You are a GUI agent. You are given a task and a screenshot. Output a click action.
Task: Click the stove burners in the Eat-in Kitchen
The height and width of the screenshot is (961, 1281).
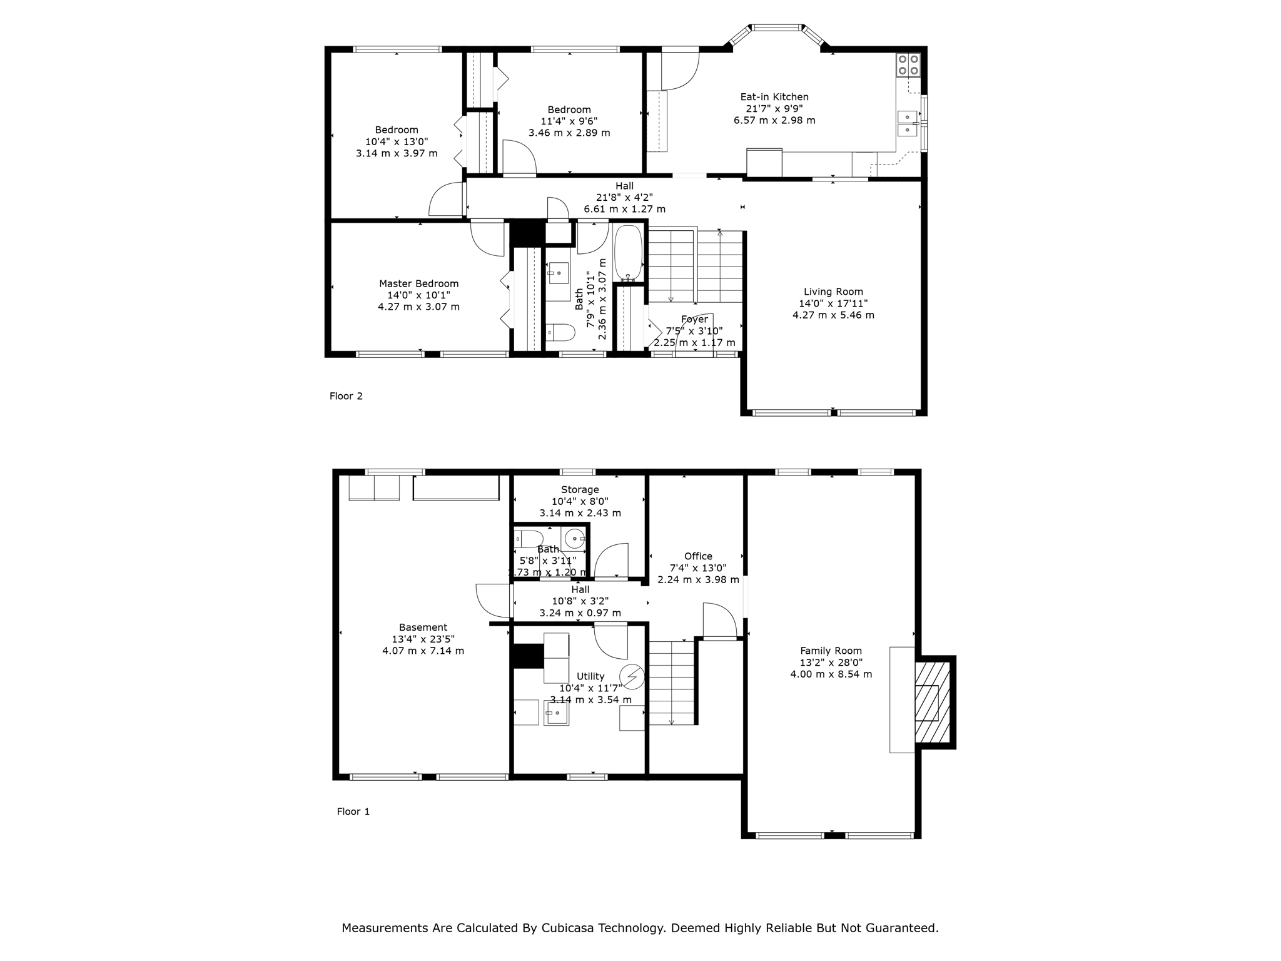click(908, 64)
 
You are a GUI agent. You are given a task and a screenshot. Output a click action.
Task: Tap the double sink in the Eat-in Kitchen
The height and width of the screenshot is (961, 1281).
click(907, 123)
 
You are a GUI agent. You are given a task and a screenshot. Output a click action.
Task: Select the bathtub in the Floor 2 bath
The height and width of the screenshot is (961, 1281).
click(628, 253)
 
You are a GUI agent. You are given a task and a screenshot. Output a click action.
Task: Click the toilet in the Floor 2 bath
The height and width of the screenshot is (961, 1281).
click(560, 332)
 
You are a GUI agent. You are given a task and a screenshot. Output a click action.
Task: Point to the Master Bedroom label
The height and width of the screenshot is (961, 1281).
click(418, 283)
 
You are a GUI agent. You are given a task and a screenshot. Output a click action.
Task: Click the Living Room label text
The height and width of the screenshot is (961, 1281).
click(833, 292)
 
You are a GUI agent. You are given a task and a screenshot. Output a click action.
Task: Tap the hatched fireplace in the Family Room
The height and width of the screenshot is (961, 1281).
click(933, 701)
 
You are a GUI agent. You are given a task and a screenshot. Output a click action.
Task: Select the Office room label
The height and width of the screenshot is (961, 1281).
click(698, 556)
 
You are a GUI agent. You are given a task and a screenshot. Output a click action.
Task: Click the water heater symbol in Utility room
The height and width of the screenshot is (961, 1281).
click(632, 676)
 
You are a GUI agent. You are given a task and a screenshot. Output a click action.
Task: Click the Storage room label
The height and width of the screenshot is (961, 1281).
click(580, 489)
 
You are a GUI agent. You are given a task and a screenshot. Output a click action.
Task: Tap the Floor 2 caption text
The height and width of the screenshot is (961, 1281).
click(346, 396)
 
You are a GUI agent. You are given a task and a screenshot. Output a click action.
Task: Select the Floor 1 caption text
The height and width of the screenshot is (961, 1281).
click(353, 811)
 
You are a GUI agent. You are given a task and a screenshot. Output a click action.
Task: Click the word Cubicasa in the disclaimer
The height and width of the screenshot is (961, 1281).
click(568, 928)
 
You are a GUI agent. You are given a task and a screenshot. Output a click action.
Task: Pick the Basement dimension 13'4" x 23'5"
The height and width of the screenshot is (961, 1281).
click(423, 639)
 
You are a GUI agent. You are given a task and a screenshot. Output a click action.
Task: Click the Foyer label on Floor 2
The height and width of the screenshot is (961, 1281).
click(694, 319)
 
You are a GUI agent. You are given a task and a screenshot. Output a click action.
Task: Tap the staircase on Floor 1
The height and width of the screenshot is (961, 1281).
click(672, 683)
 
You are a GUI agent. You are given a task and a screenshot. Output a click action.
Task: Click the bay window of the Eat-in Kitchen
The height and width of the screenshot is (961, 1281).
click(776, 28)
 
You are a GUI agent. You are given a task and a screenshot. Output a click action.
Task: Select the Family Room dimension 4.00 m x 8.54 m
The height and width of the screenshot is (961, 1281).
click(831, 674)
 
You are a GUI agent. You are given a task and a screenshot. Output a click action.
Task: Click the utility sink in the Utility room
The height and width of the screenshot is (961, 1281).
click(556, 713)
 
